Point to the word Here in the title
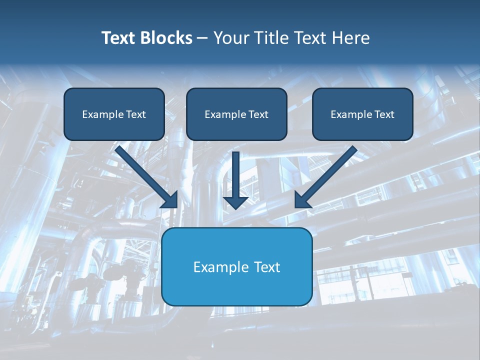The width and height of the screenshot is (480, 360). pyautogui.click(x=352, y=38)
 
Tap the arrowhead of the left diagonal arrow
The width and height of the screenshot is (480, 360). pyautogui.click(x=170, y=199)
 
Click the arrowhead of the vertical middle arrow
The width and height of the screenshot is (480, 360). pyautogui.click(x=235, y=202)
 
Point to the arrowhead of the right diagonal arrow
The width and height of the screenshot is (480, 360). pyautogui.click(x=302, y=199)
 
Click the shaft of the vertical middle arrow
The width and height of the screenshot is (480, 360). pyautogui.click(x=235, y=172)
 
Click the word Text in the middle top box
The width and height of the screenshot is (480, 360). pyautogui.click(x=258, y=114)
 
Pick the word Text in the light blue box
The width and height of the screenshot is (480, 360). pyautogui.click(x=267, y=267)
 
